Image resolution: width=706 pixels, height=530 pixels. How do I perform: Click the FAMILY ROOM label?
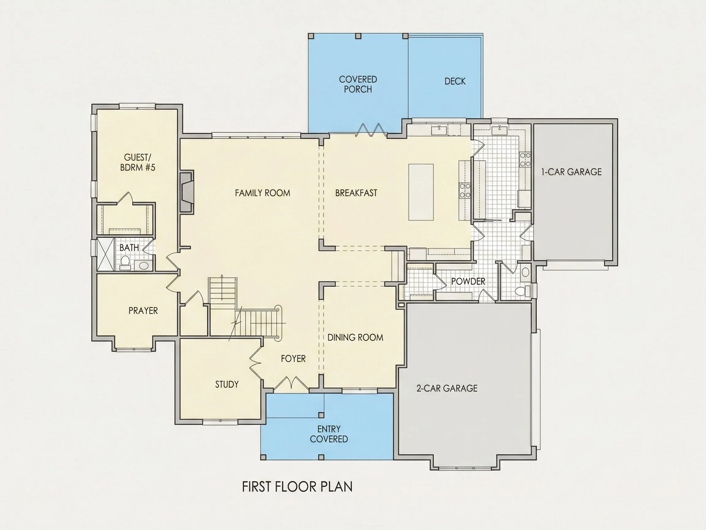coord(262,193)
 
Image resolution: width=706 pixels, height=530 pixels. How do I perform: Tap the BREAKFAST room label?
coord(356,193)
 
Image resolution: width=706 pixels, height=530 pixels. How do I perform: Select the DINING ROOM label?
coord(355,337)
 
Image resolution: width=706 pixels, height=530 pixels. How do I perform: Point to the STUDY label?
coord(227,384)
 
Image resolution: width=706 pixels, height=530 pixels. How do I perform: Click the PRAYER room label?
coord(143,310)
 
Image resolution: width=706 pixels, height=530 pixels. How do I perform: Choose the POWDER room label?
coord(468,282)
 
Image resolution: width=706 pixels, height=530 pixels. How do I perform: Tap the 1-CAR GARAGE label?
coord(571,172)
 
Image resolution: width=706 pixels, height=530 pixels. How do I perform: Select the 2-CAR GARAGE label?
coord(447,388)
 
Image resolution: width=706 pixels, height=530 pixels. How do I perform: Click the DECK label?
coord(455,82)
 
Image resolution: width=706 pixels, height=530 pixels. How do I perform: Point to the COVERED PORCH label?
coord(358,84)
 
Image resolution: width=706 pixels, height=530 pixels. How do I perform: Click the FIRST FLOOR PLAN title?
coord(297,487)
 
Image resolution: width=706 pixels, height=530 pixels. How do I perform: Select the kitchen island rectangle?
coord(421,192)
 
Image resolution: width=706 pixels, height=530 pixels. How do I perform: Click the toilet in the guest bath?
coord(125,262)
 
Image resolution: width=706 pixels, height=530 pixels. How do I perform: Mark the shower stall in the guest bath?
coord(105,254)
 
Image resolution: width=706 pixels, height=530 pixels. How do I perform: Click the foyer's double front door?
coord(291,384)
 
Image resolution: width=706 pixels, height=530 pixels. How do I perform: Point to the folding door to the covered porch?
coord(371,130)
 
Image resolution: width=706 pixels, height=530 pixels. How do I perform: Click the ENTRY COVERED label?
coord(329,434)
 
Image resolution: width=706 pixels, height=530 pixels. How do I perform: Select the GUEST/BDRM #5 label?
coord(138,162)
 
